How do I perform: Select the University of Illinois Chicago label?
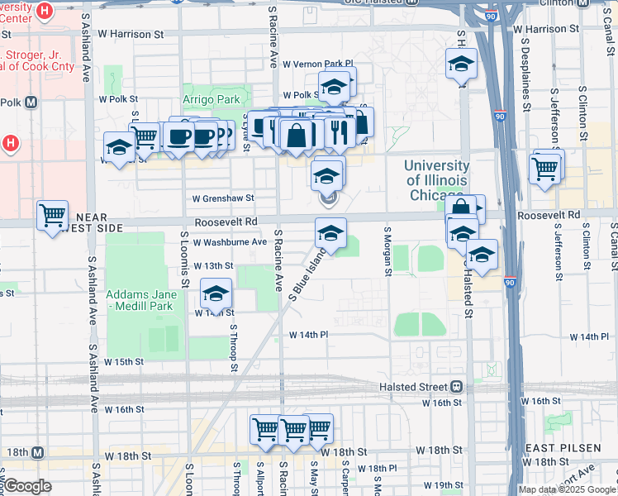coord(435,180)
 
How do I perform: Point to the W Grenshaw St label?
coord(223,198)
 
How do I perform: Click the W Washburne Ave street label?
coord(230,242)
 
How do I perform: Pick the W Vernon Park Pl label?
coord(317,64)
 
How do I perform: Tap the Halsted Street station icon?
coord(456,387)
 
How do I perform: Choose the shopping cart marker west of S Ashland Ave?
coord(53,215)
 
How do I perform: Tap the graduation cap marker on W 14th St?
coord(216,293)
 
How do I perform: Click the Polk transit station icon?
coord(31,103)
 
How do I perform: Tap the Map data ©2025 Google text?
coord(567,489)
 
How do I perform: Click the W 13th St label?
coord(214,265)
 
